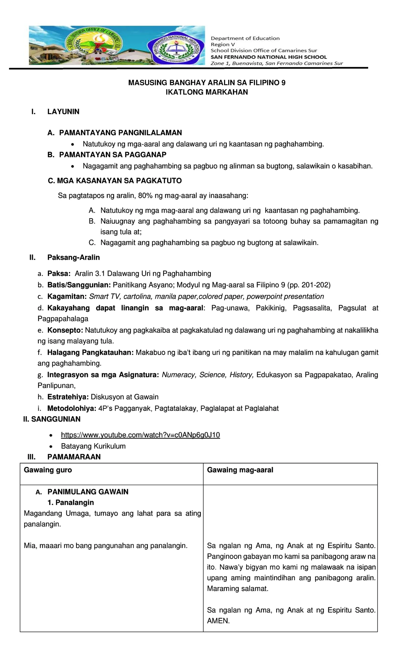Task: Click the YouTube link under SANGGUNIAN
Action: [140, 435]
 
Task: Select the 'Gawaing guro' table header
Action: [48, 470]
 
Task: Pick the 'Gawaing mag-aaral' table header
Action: [240, 470]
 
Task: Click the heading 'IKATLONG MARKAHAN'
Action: [207, 92]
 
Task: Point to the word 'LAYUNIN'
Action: [63, 112]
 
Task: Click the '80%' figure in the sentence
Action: [145, 196]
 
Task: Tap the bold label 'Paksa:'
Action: [59, 274]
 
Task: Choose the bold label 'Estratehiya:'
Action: [68, 397]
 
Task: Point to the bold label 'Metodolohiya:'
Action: [72, 408]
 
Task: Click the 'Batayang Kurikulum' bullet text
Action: [93, 446]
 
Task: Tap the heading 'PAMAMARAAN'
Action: [74, 457]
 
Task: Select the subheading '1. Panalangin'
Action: [71, 502]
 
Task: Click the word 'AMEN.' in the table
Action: [218, 621]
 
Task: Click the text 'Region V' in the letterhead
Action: [223, 44]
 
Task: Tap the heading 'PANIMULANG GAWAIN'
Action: [88, 492]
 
